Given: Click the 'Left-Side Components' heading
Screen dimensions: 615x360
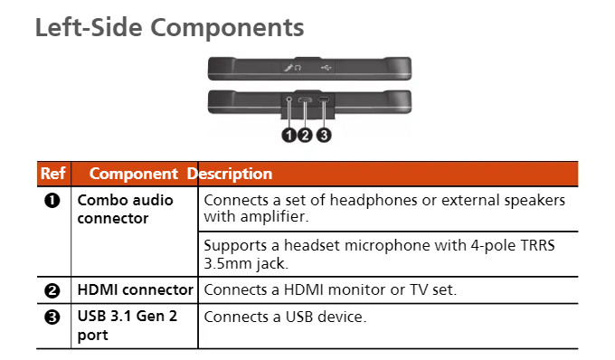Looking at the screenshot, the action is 169,27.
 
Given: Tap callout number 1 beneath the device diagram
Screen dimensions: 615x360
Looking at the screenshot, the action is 289,136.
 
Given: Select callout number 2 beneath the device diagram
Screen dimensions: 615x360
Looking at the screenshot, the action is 305,136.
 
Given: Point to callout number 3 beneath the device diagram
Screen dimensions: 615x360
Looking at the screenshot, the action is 324,136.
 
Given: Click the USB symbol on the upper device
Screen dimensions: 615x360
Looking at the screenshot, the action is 326,68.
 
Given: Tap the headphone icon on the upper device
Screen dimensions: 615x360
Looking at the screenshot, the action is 298,68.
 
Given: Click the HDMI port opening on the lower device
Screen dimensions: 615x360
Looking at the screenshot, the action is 305,99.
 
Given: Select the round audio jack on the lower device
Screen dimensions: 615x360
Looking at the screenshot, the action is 289,99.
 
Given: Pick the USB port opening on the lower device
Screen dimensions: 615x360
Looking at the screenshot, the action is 323,100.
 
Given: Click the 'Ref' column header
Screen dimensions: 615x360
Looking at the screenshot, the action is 53,174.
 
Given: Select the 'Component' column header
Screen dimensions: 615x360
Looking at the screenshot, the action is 133,174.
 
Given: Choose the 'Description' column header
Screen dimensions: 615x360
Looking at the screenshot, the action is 230,174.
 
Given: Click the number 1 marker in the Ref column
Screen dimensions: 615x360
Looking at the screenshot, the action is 52,201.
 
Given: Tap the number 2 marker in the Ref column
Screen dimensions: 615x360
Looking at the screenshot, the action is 52,290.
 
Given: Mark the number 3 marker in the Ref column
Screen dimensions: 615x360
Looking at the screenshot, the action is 52,317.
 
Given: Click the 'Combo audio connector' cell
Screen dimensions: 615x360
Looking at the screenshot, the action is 125,209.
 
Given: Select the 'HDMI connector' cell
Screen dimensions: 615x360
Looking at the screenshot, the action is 136,289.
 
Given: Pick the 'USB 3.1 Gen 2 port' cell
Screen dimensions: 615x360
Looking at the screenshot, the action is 128,326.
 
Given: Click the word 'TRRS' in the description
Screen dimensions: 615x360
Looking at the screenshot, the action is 537,245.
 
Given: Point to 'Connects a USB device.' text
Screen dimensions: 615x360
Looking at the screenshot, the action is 285,317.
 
